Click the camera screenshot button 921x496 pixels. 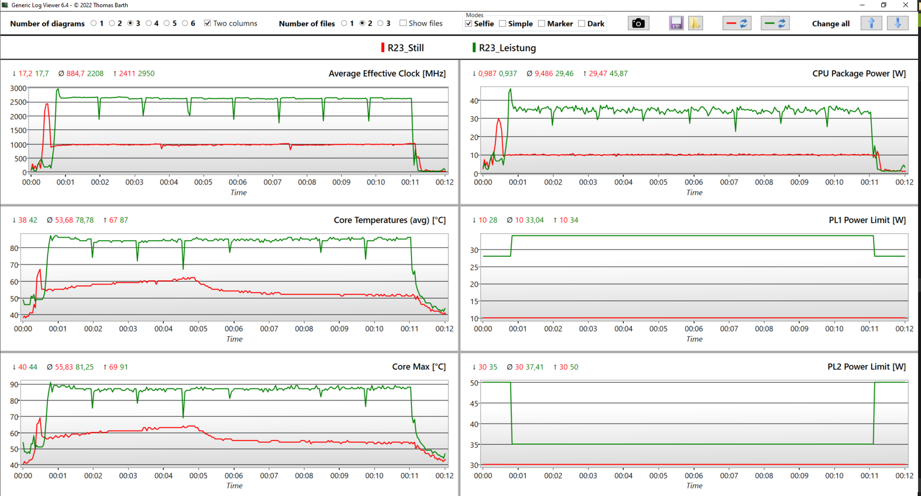tap(638, 23)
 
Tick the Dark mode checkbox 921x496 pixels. tap(582, 24)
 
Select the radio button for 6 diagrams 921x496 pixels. tap(185, 23)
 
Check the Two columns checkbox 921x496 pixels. tap(208, 23)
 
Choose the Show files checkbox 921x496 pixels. tap(403, 23)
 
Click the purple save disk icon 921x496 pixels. tap(676, 23)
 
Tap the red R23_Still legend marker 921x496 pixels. tap(383, 48)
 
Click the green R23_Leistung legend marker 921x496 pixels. tap(474, 48)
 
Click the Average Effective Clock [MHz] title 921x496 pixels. tap(387, 73)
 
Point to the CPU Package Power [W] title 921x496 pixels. tap(859, 73)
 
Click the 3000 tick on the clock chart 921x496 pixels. tap(18, 88)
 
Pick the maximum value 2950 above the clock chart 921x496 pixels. tap(146, 73)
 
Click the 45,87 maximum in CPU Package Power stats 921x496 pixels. tap(618, 73)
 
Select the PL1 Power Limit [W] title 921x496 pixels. tap(867, 220)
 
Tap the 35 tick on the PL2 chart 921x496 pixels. tap(474, 445)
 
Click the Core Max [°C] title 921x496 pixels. tap(418, 367)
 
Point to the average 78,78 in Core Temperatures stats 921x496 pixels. tap(84, 220)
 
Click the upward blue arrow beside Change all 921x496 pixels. tap(871, 23)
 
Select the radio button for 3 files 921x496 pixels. tap(380, 23)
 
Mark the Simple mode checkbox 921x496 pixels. tap(503, 24)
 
